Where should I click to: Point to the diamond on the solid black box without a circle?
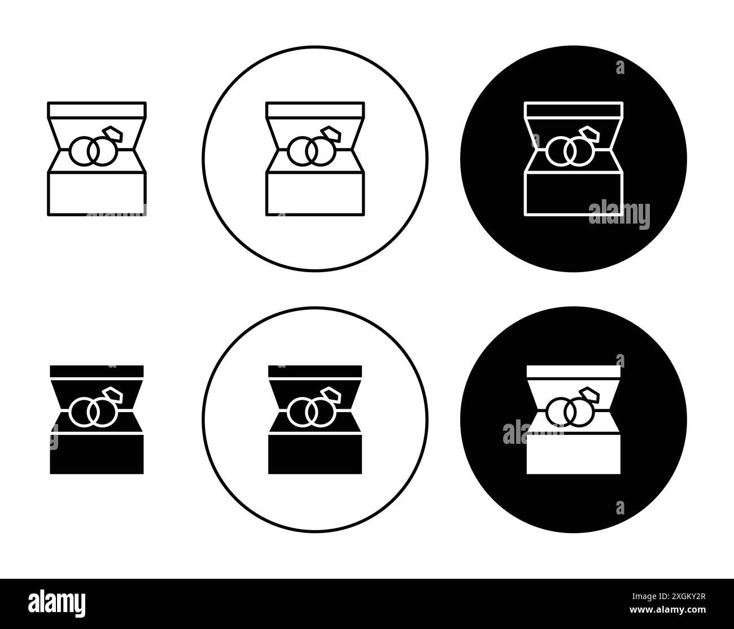[x=112, y=395]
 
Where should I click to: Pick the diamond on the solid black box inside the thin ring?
[x=330, y=395]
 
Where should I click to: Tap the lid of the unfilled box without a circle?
[x=97, y=110]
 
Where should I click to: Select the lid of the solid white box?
[x=574, y=372]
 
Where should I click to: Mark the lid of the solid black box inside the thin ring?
[x=314, y=372]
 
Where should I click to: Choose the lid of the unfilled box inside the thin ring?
[x=314, y=110]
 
